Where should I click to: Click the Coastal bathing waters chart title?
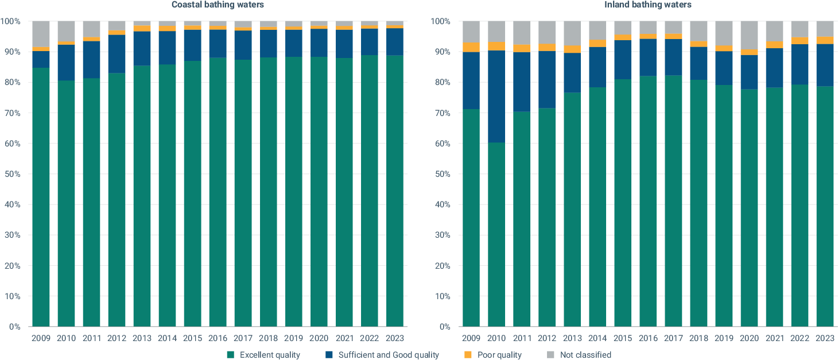[x=218, y=5]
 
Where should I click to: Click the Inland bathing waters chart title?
[x=648, y=5]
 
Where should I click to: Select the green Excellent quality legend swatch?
[x=231, y=354]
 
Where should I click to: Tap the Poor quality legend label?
[x=499, y=354]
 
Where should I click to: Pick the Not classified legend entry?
[x=579, y=354]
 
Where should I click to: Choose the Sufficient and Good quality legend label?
[x=389, y=354]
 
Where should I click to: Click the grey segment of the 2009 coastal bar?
[x=41, y=34]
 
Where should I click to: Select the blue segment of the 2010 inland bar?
[x=496, y=96]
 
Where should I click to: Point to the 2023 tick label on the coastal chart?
[x=395, y=338]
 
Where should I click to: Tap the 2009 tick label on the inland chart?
[x=471, y=338]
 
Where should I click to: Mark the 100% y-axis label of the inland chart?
[x=440, y=21]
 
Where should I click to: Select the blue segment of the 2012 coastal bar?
[x=117, y=54]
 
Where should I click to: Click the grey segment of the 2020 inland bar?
[x=750, y=35]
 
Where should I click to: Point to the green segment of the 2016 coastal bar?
[x=218, y=192]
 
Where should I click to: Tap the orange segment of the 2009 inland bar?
[x=471, y=47]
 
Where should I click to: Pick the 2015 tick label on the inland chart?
[x=623, y=338]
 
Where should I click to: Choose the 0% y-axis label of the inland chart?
[x=445, y=327]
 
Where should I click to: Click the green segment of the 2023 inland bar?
[x=825, y=207]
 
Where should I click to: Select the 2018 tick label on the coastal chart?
[x=268, y=338]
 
